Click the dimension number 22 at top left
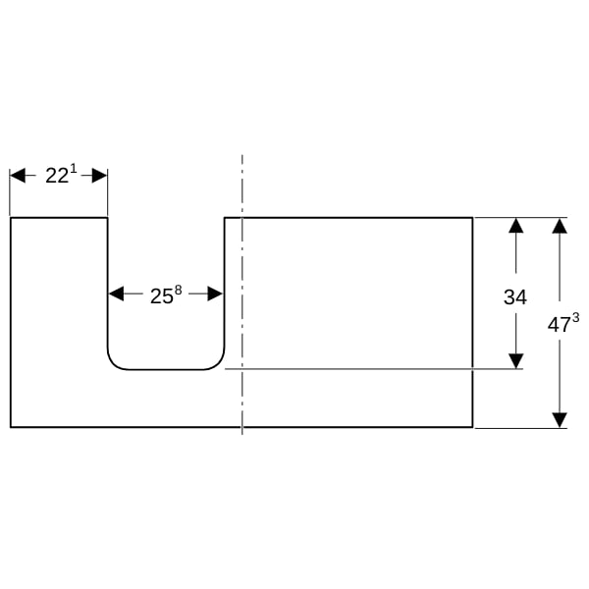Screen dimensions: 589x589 click(x=57, y=176)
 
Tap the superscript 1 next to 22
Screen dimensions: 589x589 click(x=74, y=169)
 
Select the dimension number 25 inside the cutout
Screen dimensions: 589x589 click(x=162, y=296)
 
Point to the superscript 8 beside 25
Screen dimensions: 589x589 click(x=178, y=290)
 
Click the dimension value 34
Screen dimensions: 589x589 click(x=515, y=297)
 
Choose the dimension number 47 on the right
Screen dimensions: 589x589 click(x=559, y=325)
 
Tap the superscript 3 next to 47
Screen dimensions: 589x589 click(x=575, y=318)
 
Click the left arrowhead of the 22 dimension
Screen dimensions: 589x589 click(x=18, y=176)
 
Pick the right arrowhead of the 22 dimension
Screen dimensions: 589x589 click(x=99, y=176)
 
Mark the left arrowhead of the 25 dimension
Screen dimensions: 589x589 click(x=116, y=294)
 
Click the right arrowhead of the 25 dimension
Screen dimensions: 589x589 click(x=215, y=294)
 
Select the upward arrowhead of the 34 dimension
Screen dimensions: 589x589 click(x=516, y=226)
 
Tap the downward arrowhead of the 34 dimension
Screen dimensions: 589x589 click(x=516, y=361)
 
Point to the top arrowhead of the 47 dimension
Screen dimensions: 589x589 click(x=560, y=226)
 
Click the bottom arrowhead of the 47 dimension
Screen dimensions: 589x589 click(x=560, y=420)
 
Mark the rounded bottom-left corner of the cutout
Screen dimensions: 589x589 click(x=114, y=363)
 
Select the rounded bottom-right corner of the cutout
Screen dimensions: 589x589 click(x=218, y=363)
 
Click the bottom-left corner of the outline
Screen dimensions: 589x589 click(x=11, y=427)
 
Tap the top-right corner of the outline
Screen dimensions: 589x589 click(x=472, y=218)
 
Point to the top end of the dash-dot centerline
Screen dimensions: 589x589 click(x=242, y=155)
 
